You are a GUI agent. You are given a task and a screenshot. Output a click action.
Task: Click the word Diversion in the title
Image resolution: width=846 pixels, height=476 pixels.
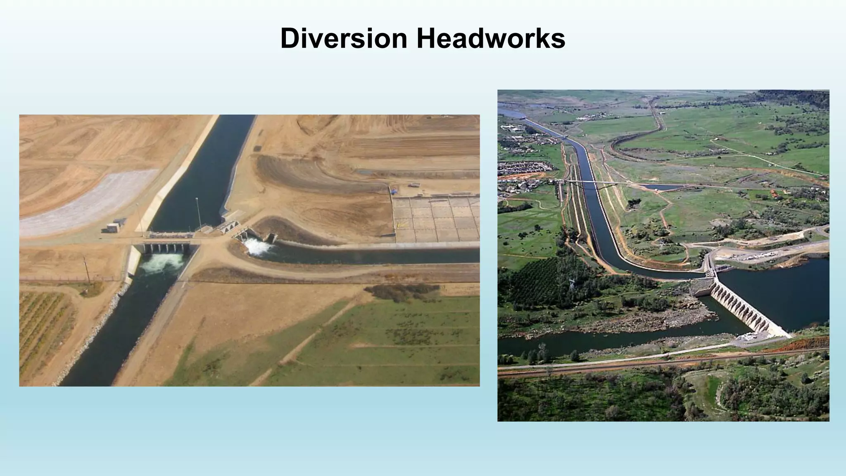344,38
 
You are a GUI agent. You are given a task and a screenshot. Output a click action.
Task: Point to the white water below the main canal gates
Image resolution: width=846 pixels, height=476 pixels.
162,263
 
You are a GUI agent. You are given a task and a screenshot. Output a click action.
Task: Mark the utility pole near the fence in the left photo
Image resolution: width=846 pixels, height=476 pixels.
86,271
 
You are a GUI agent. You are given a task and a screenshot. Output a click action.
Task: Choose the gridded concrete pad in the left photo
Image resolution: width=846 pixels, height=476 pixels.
436,219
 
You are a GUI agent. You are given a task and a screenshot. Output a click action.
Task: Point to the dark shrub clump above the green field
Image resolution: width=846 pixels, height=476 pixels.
399,291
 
